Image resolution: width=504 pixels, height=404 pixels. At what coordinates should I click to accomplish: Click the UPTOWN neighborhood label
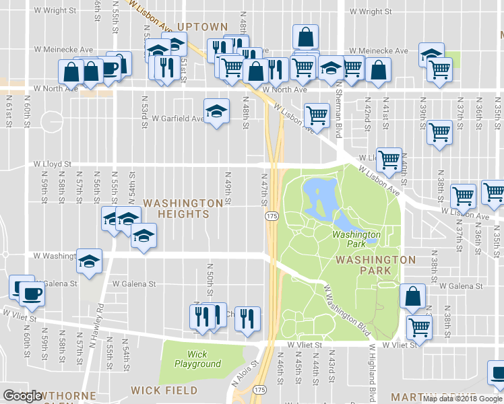click(202, 26)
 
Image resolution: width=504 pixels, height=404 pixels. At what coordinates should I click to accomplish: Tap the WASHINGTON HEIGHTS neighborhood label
click(183, 208)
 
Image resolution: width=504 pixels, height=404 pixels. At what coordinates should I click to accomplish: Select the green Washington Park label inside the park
click(356, 239)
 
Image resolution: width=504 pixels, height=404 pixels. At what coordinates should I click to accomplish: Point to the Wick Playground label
click(197, 359)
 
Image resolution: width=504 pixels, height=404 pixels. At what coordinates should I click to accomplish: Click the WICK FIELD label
click(164, 391)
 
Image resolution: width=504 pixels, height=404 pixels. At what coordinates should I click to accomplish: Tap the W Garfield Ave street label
click(177, 119)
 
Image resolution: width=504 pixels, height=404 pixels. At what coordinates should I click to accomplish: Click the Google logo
click(24, 396)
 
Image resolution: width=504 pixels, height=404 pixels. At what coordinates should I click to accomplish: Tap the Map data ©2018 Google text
click(462, 399)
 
